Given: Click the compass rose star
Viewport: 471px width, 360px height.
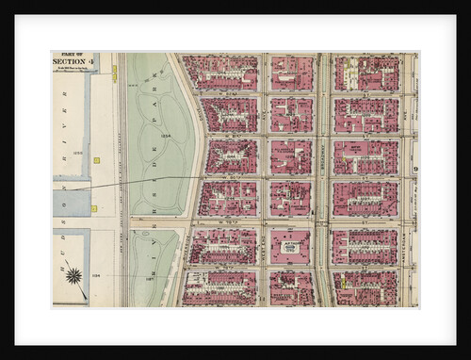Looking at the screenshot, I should point(73,274).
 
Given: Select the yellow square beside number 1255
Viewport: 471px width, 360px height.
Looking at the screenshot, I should point(96,160).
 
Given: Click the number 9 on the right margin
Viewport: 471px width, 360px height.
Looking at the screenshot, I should point(414,169).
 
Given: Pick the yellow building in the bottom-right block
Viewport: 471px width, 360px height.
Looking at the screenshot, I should point(345,282).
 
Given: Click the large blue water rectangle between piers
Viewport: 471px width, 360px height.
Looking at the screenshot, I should point(71,203).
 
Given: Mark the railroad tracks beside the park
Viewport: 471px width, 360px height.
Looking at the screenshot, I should point(121,179).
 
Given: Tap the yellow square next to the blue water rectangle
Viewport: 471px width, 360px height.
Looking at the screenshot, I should point(93,207).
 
